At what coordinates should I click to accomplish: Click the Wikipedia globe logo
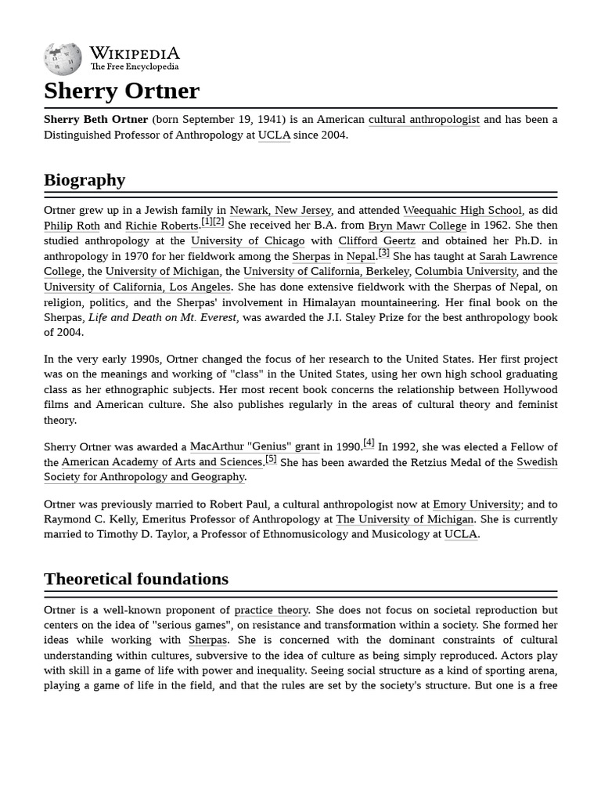pyautogui.click(x=63, y=60)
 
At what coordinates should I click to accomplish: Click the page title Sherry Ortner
pyautogui.click(x=121, y=91)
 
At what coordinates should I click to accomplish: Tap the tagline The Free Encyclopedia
pyautogui.click(x=134, y=67)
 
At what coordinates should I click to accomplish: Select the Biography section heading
pyautogui.click(x=85, y=180)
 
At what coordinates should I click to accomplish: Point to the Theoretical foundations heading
pyautogui.click(x=136, y=580)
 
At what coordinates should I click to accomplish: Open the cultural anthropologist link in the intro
pyautogui.click(x=423, y=120)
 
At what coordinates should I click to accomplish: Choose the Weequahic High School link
pyautogui.click(x=462, y=211)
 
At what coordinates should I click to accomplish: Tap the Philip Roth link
pyautogui.click(x=72, y=226)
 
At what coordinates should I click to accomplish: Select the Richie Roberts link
pyautogui.click(x=162, y=226)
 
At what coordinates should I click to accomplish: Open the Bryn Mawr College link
pyautogui.click(x=417, y=226)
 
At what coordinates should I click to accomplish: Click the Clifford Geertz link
pyautogui.click(x=376, y=241)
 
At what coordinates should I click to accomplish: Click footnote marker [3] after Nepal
pyautogui.click(x=383, y=253)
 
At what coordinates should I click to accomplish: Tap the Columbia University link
pyautogui.click(x=466, y=272)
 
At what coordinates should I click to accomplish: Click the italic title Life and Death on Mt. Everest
pyautogui.click(x=163, y=317)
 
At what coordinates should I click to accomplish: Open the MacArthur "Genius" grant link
pyautogui.click(x=254, y=447)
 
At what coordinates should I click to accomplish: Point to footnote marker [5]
pyautogui.click(x=271, y=459)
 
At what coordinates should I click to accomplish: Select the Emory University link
pyautogui.click(x=477, y=504)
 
